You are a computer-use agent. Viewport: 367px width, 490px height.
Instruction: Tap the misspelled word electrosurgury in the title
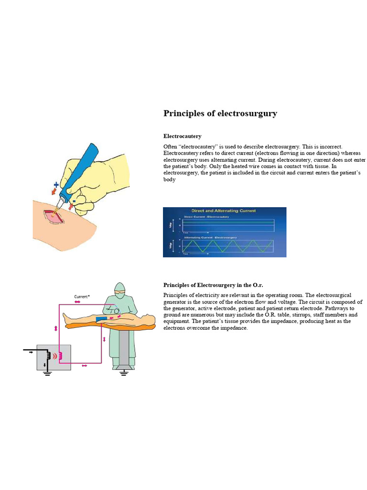pyautogui.click(x=248, y=113)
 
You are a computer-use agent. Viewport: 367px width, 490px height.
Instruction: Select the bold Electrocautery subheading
pyautogui.click(x=182, y=136)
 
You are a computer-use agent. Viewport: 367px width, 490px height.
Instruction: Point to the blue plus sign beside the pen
pyautogui.click(x=56, y=185)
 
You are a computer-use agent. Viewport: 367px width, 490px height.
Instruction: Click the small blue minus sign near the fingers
pyautogui.click(x=74, y=201)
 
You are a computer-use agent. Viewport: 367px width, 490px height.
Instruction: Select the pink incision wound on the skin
pyautogui.click(x=53, y=215)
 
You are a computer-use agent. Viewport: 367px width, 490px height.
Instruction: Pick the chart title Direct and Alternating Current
pyautogui.click(x=223, y=211)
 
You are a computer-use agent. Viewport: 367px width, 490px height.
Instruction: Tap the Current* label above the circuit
pyautogui.click(x=81, y=297)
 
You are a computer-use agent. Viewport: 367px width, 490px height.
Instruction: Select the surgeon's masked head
pyautogui.click(x=119, y=290)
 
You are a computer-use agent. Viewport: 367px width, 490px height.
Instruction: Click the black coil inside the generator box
pyautogui.click(x=47, y=356)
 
